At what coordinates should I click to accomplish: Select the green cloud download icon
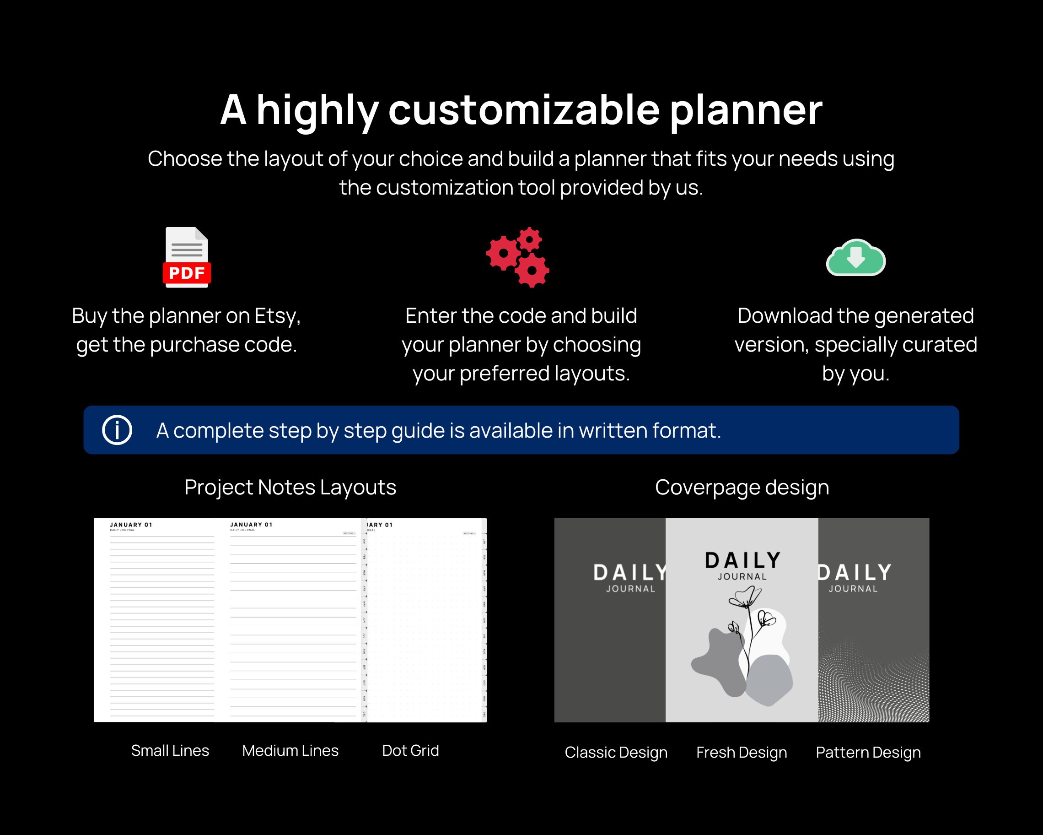click(855, 258)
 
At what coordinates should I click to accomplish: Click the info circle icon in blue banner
click(117, 430)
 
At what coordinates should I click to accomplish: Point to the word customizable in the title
click(524, 110)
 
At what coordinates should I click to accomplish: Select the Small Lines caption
click(170, 750)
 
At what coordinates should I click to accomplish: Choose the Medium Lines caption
click(290, 750)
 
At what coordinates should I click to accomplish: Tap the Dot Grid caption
click(410, 750)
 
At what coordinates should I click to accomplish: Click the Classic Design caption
click(616, 752)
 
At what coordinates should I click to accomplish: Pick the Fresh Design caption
click(742, 752)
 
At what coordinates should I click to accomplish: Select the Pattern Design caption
click(868, 752)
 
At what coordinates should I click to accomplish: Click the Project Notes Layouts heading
click(290, 487)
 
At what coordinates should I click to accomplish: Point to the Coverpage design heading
click(742, 487)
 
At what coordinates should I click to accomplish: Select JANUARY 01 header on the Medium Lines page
click(251, 524)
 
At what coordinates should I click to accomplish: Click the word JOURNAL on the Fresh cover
click(742, 576)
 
